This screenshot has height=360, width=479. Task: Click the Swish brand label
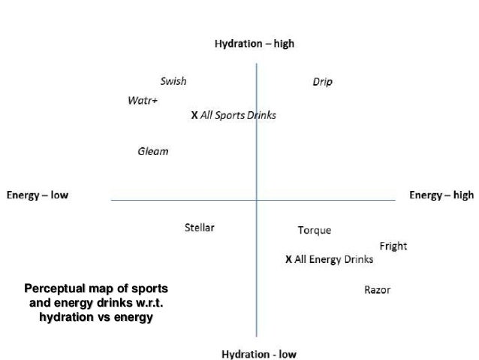coord(173,81)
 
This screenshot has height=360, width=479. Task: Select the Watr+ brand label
coord(143,101)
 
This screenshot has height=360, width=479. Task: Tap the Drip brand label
coord(322,81)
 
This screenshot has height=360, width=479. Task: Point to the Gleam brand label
coord(152,151)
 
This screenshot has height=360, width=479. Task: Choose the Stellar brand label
coord(200,227)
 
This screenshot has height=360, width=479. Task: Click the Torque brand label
coord(314,230)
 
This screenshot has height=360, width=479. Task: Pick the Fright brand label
coord(393,246)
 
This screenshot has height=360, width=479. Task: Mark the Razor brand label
coord(377,290)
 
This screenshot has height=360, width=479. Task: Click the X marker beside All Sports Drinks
coord(194,116)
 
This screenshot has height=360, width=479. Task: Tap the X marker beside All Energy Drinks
coord(288,259)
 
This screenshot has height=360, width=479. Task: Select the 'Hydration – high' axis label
coord(255,44)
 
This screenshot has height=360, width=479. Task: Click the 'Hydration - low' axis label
coord(259,354)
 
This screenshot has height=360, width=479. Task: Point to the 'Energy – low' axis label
coord(38,195)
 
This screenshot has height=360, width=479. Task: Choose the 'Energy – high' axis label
coord(441,195)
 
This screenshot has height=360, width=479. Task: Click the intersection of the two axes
coord(257,200)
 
